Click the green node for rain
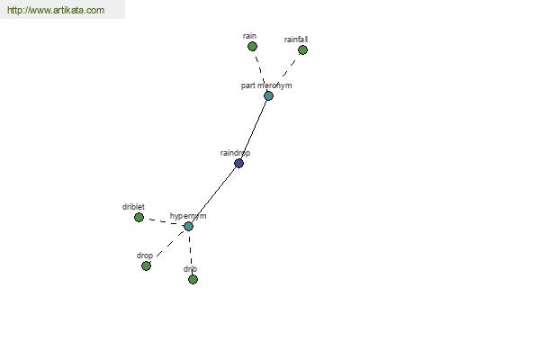[x=252, y=46]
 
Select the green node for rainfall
[x=302, y=50]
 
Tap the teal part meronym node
[x=268, y=95]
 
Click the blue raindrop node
[x=238, y=163]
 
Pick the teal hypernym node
[x=188, y=226]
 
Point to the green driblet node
[x=139, y=218]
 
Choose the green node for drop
[x=146, y=266]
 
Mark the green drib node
[x=193, y=279]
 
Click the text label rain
[x=249, y=36]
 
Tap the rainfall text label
[x=296, y=40]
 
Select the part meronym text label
[x=266, y=85]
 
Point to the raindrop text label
[x=235, y=153]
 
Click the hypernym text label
[x=188, y=216]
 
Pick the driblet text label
[x=133, y=207]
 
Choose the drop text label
[x=145, y=256]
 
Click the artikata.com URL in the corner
[x=56, y=10]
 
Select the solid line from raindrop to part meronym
[x=254, y=130]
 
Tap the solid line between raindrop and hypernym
[x=213, y=194]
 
